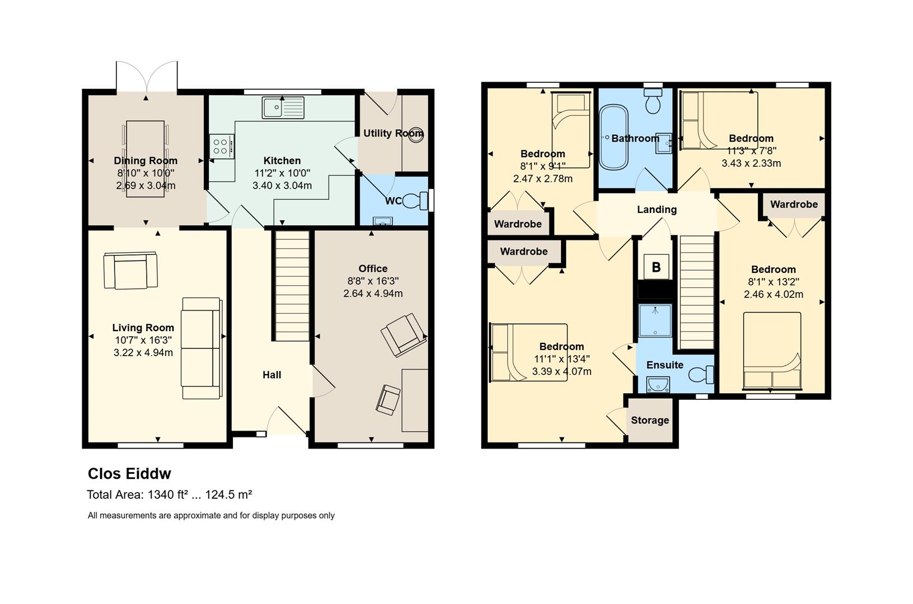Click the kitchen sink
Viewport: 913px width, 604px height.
[x=283, y=107]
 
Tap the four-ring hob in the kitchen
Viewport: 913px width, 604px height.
[x=222, y=147]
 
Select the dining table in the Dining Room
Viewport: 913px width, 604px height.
[x=146, y=159]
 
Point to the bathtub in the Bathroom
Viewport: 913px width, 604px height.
[x=614, y=137]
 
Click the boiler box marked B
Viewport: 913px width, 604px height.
[x=656, y=267]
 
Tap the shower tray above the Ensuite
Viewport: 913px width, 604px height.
[x=655, y=320]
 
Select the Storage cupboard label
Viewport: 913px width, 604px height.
[x=650, y=421]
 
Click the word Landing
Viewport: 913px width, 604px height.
[x=657, y=209]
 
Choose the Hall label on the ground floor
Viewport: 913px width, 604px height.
[x=272, y=375]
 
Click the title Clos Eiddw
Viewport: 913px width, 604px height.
[x=130, y=473]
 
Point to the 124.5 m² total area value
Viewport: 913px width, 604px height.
[x=228, y=494]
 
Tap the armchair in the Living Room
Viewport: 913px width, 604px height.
[x=130, y=271]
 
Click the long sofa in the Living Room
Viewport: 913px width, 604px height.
[x=202, y=348]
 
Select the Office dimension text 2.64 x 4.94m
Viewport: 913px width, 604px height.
[x=373, y=293]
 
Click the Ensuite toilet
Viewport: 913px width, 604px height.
[x=701, y=374]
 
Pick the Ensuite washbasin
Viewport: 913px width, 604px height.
[x=658, y=384]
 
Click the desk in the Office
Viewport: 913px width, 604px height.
[x=415, y=400]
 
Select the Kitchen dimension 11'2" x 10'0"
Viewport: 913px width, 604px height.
[x=282, y=173]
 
